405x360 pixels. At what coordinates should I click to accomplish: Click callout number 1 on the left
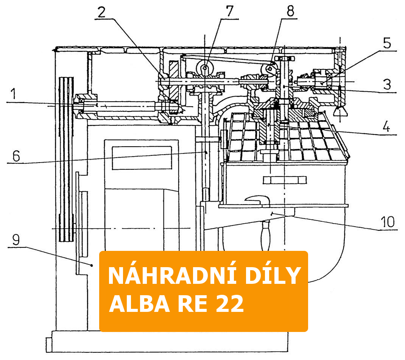click(x=13, y=94)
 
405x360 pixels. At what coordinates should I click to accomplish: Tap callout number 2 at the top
click(x=101, y=12)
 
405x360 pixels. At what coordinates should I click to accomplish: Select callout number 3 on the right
click(x=387, y=85)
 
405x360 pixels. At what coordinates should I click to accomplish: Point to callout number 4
click(x=386, y=127)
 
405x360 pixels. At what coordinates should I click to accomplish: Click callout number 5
click(x=387, y=43)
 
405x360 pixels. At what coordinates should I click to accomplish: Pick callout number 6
click(x=16, y=156)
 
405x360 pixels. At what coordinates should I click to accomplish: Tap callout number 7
click(x=230, y=11)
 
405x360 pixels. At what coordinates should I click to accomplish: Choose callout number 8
click(x=290, y=11)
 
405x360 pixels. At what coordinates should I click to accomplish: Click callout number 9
click(x=16, y=240)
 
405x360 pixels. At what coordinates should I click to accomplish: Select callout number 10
click(x=388, y=222)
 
